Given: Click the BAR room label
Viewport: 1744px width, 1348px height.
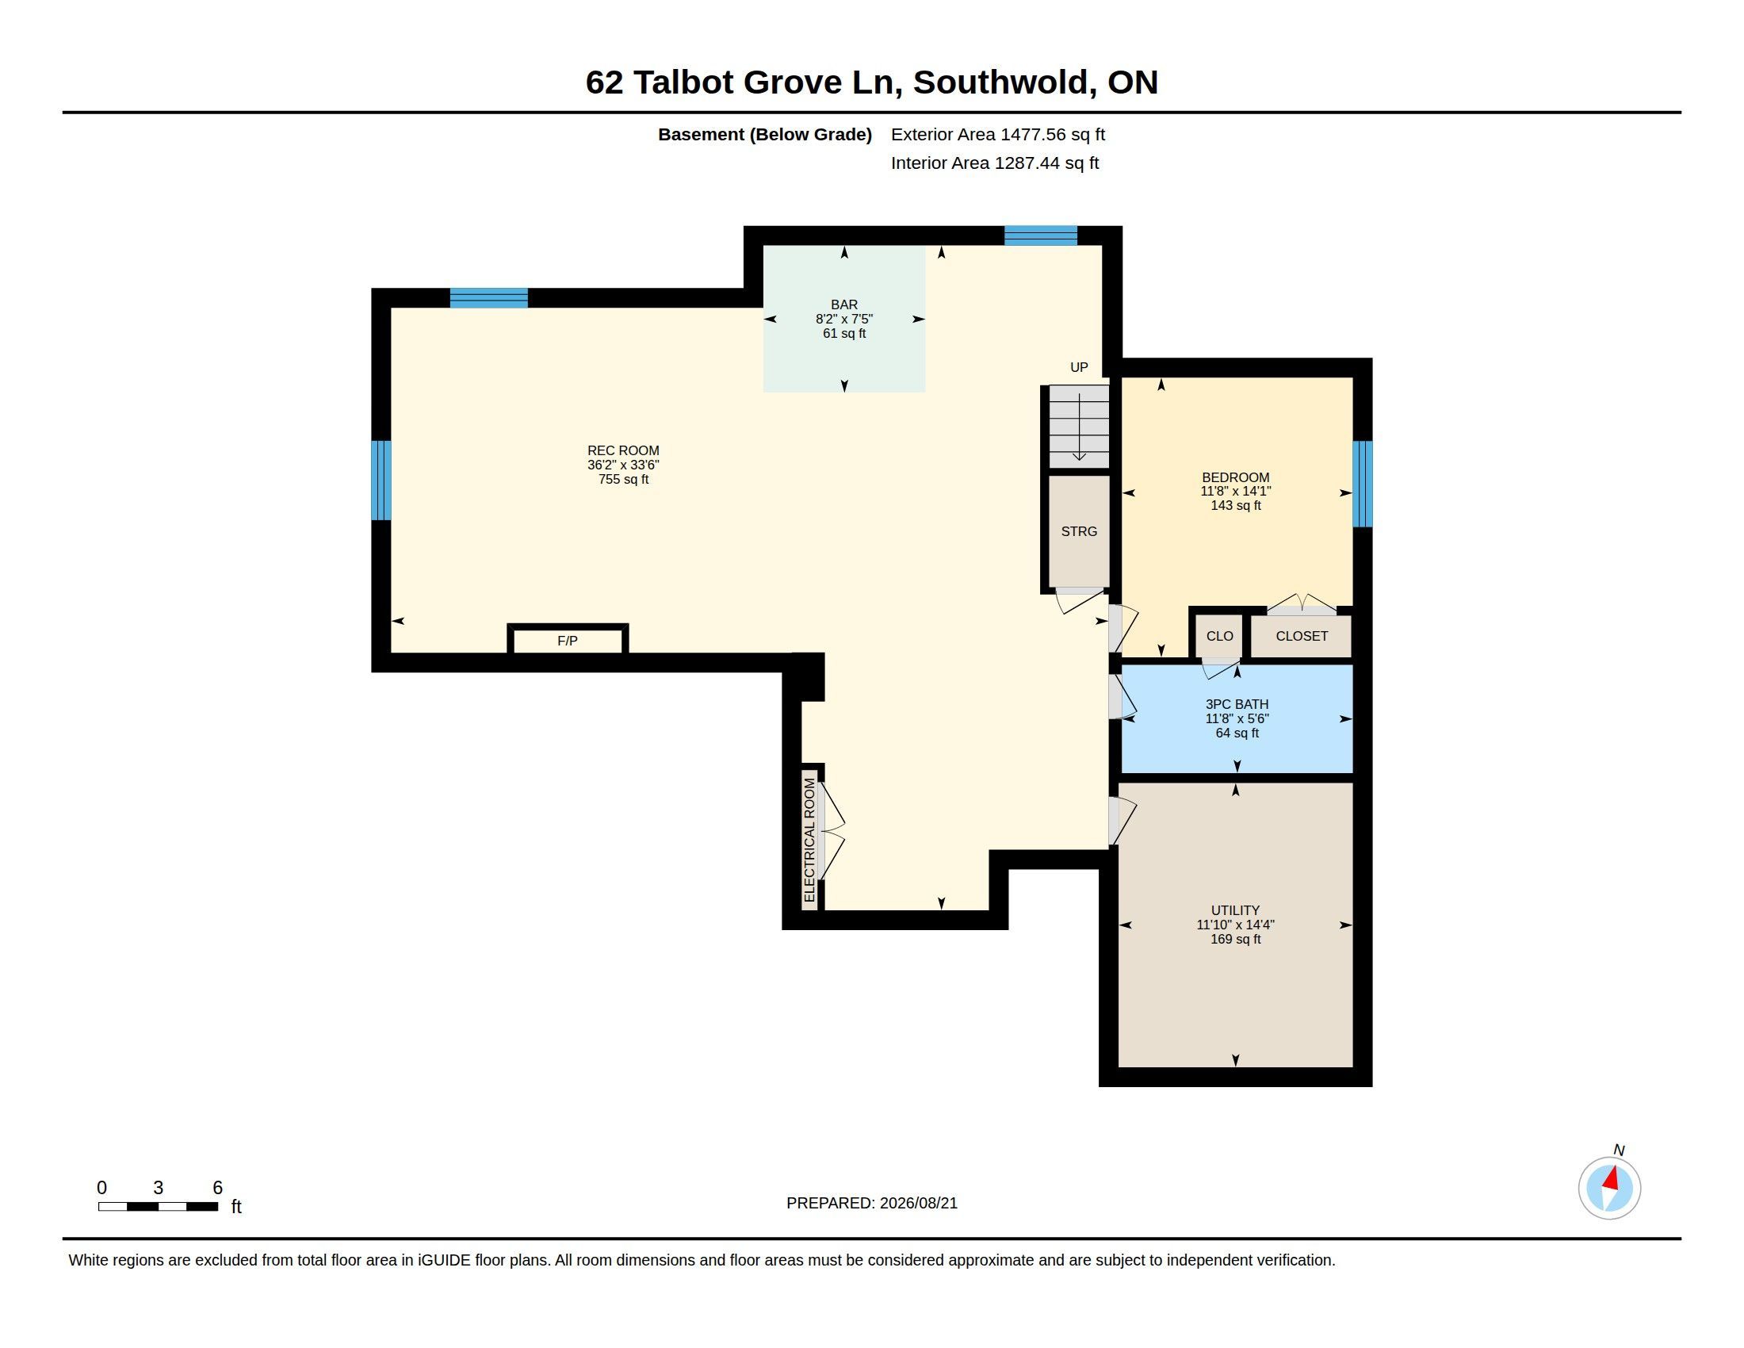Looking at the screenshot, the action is tap(844, 304).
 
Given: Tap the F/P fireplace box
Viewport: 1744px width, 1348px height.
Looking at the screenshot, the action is tap(568, 640).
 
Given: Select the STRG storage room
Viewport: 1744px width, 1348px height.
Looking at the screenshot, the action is tap(1079, 531).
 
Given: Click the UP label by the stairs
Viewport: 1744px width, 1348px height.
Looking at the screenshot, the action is tap(1079, 367).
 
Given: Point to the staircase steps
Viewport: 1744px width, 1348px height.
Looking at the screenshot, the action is tap(1079, 427).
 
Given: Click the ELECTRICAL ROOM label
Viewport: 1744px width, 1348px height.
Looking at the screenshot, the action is tap(809, 840).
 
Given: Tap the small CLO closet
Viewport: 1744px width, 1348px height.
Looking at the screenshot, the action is tap(1219, 636).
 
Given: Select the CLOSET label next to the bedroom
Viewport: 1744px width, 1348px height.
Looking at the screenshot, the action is tap(1302, 636).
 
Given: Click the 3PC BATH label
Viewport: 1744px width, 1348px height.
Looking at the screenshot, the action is tap(1237, 704).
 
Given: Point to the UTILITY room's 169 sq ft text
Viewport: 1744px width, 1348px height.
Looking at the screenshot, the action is tap(1235, 939).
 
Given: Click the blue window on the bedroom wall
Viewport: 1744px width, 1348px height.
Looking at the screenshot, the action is tap(1362, 484).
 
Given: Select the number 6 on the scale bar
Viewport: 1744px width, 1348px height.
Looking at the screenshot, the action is tap(217, 1188).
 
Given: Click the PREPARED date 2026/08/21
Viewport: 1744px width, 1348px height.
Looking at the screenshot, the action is tap(918, 1203).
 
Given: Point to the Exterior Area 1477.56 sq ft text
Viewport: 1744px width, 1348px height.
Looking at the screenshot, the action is tap(998, 134).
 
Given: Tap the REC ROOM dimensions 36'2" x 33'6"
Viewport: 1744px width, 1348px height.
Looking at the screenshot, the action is tap(624, 465).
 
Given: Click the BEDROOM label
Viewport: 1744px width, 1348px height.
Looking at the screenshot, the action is tap(1235, 477).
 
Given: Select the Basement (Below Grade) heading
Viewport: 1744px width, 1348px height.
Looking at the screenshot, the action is tap(765, 134).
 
